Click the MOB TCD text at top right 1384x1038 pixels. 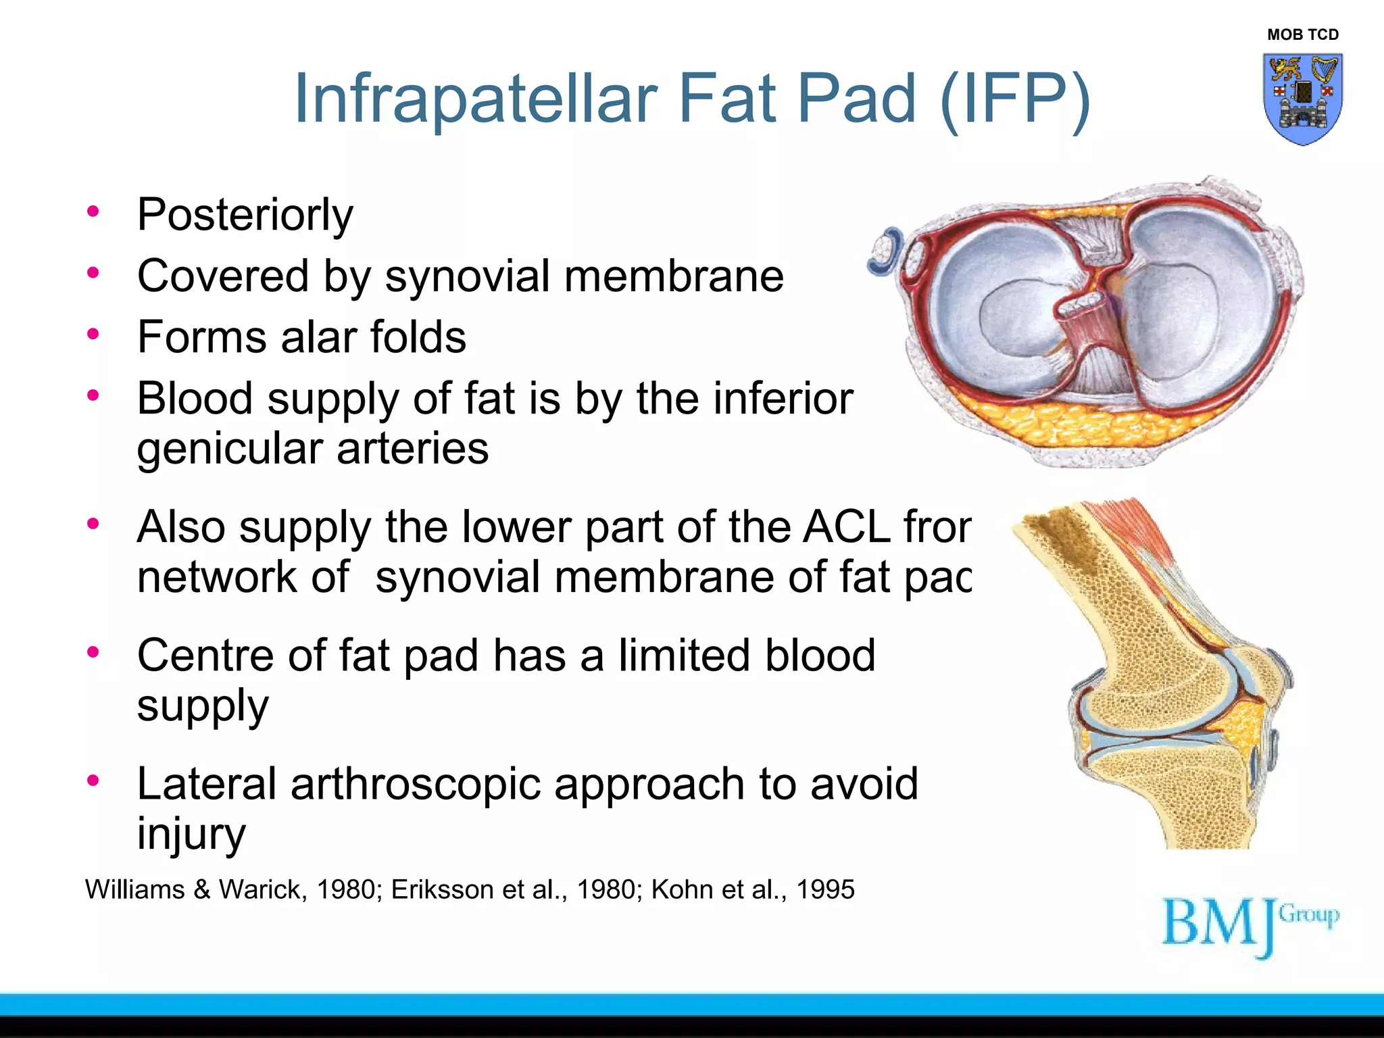pyautogui.click(x=1302, y=34)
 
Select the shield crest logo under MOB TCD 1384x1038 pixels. pyautogui.click(x=1302, y=99)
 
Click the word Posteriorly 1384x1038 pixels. pyautogui.click(x=245, y=215)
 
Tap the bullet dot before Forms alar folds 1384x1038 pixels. pyautogui.click(x=93, y=334)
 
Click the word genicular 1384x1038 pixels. pyautogui.click(x=230, y=449)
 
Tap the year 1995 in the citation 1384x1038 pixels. pyautogui.click(x=825, y=889)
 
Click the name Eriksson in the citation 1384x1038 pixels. pyautogui.click(x=442, y=889)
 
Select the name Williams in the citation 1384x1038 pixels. pyautogui.click(x=134, y=889)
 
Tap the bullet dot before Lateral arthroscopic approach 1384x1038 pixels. pyautogui.click(x=93, y=781)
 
